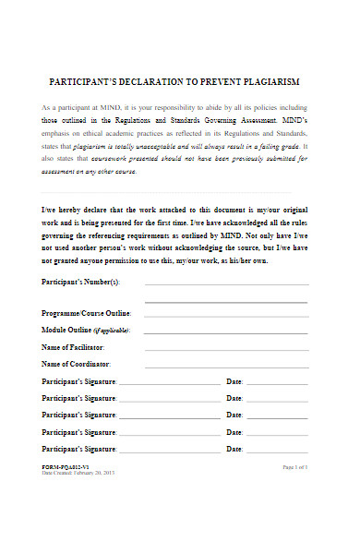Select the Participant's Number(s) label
click(x=81, y=281)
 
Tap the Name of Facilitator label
click(x=74, y=346)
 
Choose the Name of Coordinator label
click(x=76, y=365)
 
